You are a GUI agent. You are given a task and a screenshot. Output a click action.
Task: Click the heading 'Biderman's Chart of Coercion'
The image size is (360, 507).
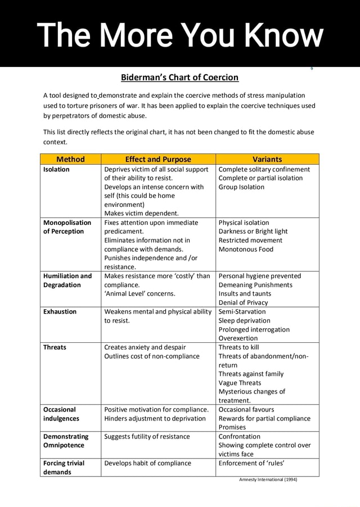(x=180, y=77)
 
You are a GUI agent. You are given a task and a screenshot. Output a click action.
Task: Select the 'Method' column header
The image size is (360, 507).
(x=71, y=159)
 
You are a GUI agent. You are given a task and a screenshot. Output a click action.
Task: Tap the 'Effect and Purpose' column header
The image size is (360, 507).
(x=158, y=159)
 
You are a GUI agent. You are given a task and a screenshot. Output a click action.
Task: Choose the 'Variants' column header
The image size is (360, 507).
(x=267, y=159)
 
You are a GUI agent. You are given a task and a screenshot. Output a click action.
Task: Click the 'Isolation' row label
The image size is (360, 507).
(x=56, y=169)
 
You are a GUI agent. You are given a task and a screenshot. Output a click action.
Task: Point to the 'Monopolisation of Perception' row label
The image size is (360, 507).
(x=64, y=227)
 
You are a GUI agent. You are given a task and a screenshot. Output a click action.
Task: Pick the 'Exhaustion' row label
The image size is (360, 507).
(x=60, y=311)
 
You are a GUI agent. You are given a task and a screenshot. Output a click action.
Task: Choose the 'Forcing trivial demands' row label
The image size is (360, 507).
(x=64, y=468)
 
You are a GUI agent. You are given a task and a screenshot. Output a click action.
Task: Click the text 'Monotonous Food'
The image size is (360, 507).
(x=246, y=249)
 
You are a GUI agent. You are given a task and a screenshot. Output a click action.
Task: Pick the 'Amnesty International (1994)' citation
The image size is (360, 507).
(x=268, y=479)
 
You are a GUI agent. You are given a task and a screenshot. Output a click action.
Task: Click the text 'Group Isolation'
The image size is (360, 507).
(x=242, y=187)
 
